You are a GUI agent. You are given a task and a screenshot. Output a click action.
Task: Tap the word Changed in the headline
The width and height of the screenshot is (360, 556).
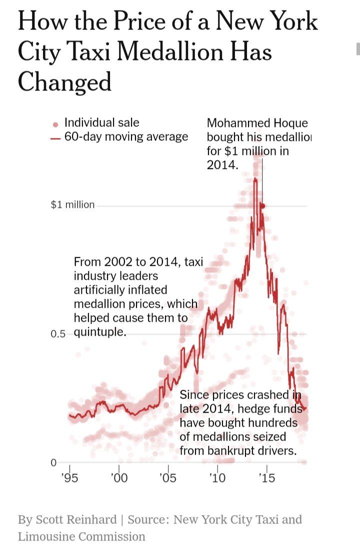(64, 81)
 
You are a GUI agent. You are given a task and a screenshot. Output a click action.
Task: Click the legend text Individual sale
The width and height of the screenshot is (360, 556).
(101, 123)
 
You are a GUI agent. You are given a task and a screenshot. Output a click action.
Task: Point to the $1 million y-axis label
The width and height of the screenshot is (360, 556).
(72, 205)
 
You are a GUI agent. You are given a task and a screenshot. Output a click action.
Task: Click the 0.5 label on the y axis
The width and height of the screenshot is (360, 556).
(58, 334)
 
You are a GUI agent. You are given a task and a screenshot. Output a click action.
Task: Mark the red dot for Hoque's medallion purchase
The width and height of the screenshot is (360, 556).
(262, 205)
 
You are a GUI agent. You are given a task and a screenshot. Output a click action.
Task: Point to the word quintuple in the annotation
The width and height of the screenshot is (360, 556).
(100, 332)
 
